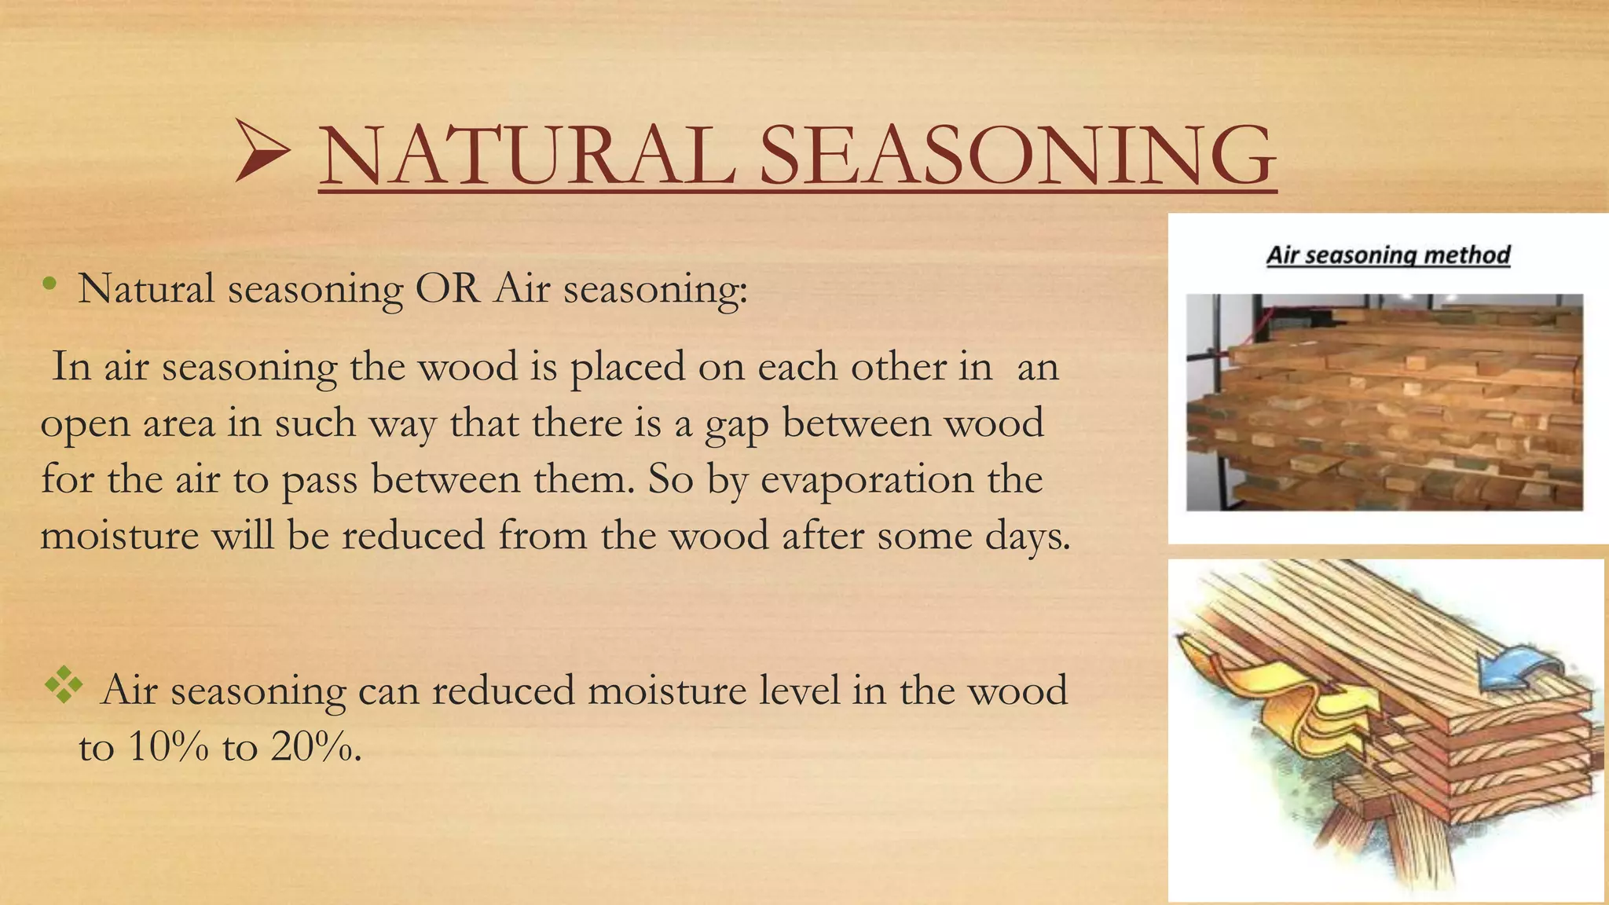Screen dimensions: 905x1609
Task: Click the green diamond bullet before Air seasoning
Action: click(64, 685)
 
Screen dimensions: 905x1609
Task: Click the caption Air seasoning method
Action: click(1387, 255)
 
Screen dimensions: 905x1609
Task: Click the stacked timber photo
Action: click(1384, 402)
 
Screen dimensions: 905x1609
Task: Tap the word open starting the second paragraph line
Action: click(85, 425)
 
